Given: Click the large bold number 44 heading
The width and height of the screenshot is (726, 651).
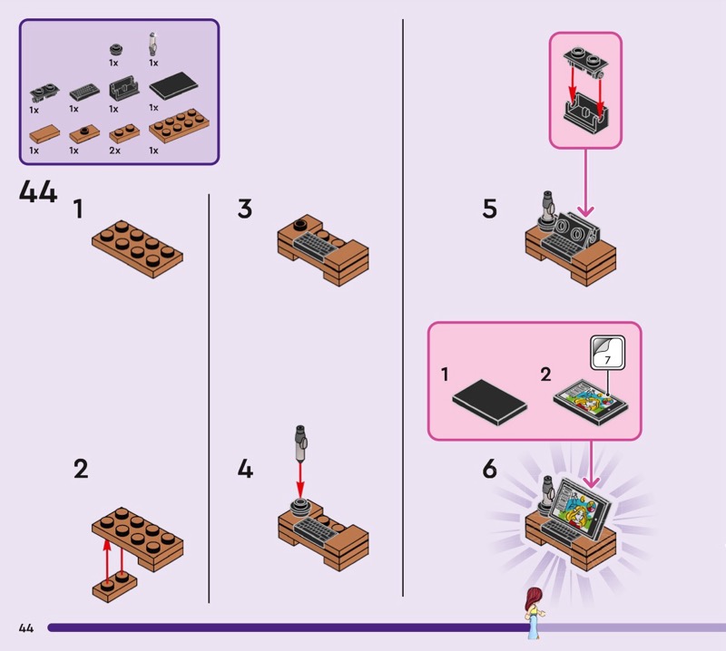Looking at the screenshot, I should point(37,192).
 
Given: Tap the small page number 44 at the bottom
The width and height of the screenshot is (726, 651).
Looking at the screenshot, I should point(25,627).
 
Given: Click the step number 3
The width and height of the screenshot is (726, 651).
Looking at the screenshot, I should point(244,209).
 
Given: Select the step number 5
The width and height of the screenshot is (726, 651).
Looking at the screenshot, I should point(490,209).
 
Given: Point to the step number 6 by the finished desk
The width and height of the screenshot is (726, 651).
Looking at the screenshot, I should point(490,469).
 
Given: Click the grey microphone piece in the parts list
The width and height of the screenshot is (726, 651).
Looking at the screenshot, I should point(153,44).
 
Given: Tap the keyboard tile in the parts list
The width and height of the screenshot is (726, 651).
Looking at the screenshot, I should point(83,91).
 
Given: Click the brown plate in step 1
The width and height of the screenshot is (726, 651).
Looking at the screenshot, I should point(138,245).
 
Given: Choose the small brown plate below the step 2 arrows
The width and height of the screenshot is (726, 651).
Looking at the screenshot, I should point(114,586).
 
